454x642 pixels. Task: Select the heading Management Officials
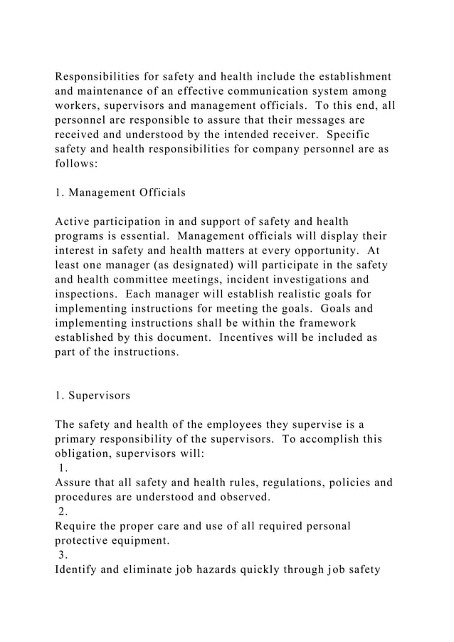(x=127, y=191)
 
